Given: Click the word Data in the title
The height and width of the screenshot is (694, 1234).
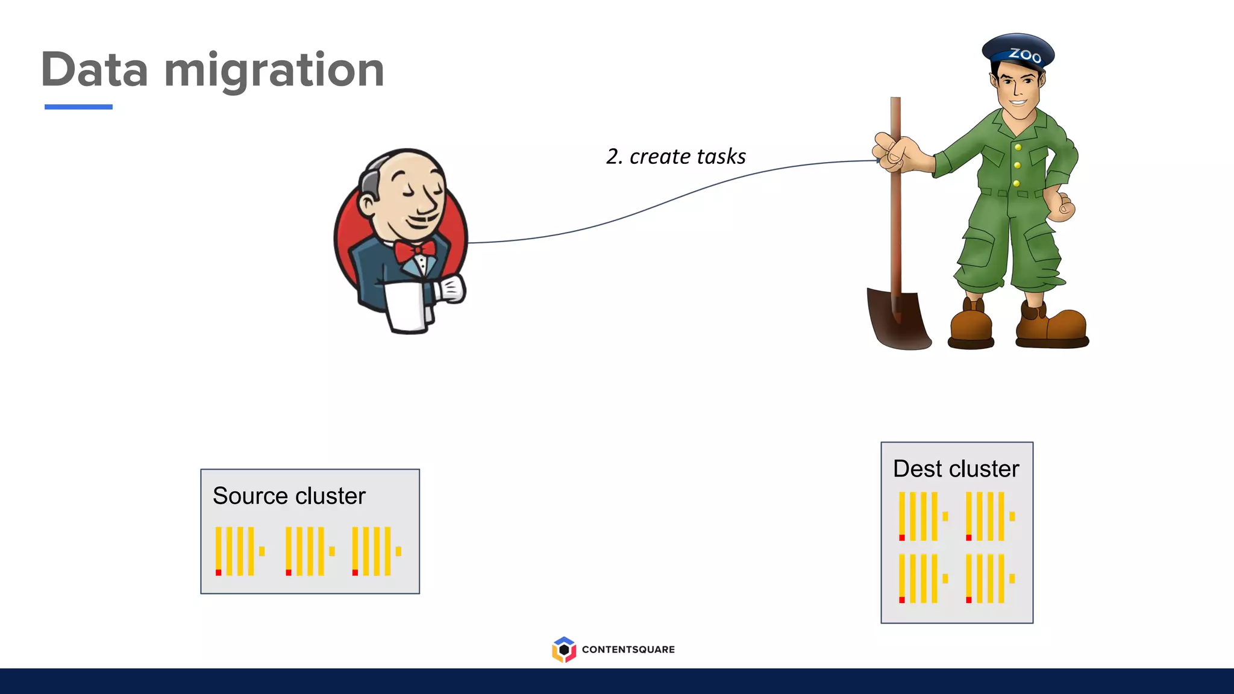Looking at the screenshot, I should pyautogui.click(x=95, y=70).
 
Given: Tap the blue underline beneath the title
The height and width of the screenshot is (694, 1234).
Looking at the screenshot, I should pyautogui.click(x=78, y=107).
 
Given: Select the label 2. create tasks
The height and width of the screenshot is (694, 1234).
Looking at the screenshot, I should pyautogui.click(x=675, y=157).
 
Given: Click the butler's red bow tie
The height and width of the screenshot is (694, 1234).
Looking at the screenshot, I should pyautogui.click(x=415, y=251).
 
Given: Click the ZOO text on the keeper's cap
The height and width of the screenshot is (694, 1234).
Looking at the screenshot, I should pyautogui.click(x=1025, y=55).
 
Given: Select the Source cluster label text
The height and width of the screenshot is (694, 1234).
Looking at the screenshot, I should pyautogui.click(x=289, y=496).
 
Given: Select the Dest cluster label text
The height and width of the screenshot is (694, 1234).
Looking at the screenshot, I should pyautogui.click(x=956, y=469).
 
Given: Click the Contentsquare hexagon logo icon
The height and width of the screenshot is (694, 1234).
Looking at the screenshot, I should pyautogui.click(x=563, y=649).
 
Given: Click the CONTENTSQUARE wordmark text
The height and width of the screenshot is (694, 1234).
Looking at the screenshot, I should pyautogui.click(x=628, y=649).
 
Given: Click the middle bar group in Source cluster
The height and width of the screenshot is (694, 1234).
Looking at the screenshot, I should pyautogui.click(x=309, y=551).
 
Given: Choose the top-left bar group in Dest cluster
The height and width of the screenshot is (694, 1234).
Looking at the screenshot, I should pyautogui.click(x=922, y=516).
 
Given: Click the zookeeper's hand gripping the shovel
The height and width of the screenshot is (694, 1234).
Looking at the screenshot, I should pyautogui.click(x=892, y=152).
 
